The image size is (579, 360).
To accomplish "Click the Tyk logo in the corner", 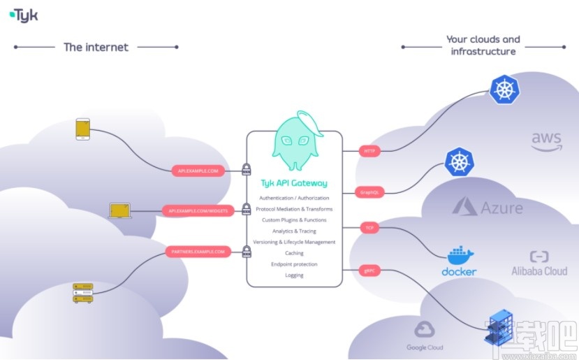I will (24, 14).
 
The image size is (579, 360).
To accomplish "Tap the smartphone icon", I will (83, 129).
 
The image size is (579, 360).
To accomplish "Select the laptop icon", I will (120, 210).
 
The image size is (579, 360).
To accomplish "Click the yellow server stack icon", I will (83, 293).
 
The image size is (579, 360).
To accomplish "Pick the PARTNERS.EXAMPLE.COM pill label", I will (198, 251).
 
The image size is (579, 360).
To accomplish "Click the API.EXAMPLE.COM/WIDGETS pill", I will (198, 210).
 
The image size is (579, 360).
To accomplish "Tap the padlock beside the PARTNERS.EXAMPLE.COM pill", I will (246, 252).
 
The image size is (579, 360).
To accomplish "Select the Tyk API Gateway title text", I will (294, 184).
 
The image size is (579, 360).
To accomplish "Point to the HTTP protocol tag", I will (369, 150).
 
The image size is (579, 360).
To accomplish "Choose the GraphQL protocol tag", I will (369, 191).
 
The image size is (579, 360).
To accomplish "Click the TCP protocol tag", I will (369, 228).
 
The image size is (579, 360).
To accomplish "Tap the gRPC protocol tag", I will (369, 270).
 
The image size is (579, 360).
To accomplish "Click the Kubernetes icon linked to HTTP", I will (504, 89).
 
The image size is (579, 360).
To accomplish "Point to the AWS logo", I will (546, 141).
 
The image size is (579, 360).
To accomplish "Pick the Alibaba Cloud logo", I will (539, 264).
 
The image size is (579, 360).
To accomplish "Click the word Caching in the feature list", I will (294, 253).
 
